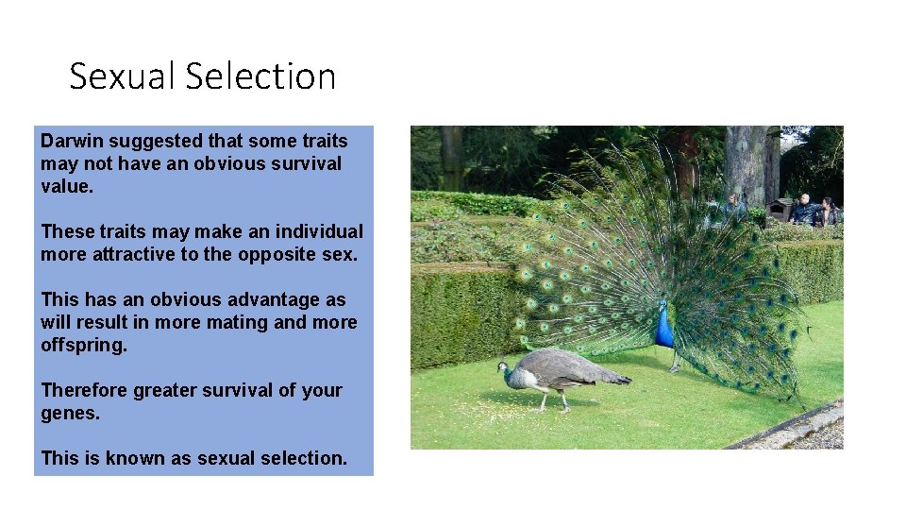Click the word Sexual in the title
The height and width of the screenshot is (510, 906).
120,76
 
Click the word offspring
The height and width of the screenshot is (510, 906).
82,346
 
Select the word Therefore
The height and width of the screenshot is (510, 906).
83,390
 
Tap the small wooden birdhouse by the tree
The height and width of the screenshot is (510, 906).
780,209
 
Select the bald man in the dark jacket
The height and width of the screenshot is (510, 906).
804,211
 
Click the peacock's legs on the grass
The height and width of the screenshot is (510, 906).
674,361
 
